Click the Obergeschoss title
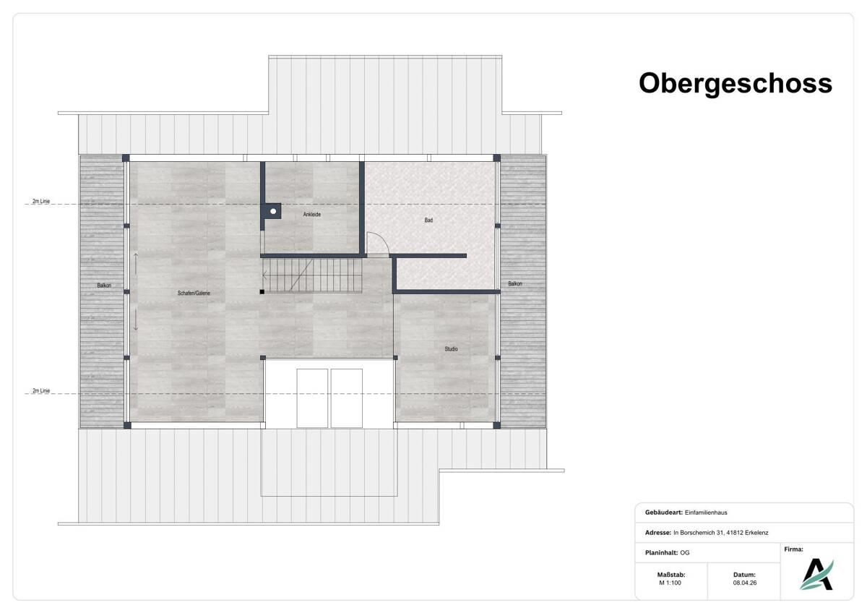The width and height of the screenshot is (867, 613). tap(735, 83)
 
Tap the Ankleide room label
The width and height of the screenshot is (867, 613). tap(312, 215)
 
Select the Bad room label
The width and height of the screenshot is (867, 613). tap(428, 220)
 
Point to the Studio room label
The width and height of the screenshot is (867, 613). tap(451, 349)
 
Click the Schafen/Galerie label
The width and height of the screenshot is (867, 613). tap(194, 293)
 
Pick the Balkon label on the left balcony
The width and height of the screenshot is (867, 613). tap(104, 286)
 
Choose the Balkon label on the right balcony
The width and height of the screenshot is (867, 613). tap(514, 283)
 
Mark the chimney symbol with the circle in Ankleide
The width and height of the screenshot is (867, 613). tap(273, 212)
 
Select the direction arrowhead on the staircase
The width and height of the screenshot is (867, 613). tap(265, 275)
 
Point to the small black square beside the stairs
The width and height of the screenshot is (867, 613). tap(262, 291)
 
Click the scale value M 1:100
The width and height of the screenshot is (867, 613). tap(670, 582)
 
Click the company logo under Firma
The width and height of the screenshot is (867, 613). tap(816, 574)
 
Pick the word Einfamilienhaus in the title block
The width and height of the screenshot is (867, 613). tap(708, 513)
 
